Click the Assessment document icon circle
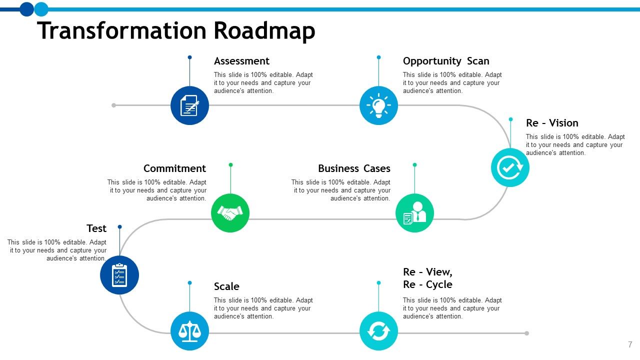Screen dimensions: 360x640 coord(189,105)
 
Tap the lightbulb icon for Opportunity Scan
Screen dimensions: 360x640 coord(378,105)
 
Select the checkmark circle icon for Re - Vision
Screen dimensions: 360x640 coord(510,168)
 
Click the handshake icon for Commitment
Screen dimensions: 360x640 coord(230,213)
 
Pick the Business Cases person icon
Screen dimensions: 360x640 coord(414,213)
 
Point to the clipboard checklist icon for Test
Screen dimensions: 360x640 coord(119,275)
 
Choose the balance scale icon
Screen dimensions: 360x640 coord(189,331)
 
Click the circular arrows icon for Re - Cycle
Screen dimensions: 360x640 coord(378,331)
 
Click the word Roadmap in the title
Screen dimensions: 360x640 coord(264,30)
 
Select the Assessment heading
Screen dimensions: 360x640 coord(241,61)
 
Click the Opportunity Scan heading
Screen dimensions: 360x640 coord(446,61)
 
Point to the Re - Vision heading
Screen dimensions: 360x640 coord(552,123)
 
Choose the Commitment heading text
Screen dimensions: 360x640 coord(174,168)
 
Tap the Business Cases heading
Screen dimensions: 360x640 coord(354,168)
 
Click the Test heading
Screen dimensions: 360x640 coord(96,228)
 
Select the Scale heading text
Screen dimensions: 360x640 coord(226,286)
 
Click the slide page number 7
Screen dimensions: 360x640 coord(630,344)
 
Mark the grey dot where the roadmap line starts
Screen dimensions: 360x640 coord(114,105)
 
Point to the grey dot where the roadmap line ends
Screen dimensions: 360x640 coord(526,333)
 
